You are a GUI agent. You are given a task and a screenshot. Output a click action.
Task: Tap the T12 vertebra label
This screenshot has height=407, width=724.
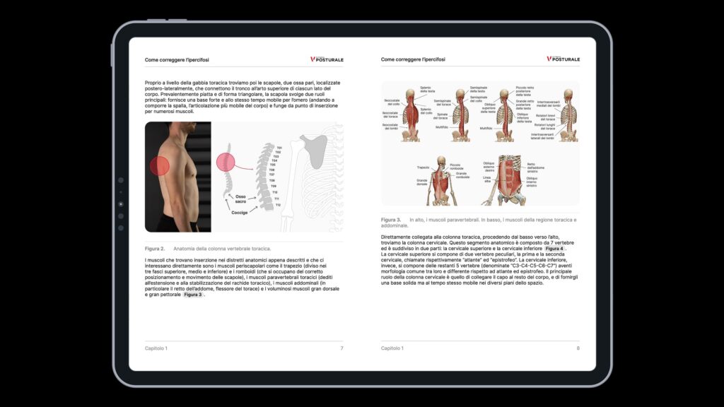[278, 205]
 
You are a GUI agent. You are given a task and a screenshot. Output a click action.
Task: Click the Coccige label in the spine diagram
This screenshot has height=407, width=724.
[239, 212]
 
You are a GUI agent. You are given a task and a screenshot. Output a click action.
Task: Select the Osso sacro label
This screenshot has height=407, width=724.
[241, 199]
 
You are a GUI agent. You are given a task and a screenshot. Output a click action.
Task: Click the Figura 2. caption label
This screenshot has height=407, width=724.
[155, 248]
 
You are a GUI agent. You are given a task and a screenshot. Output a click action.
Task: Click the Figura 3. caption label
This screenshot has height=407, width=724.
[391, 220]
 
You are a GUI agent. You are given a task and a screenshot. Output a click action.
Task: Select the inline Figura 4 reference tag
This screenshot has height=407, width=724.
[554, 249]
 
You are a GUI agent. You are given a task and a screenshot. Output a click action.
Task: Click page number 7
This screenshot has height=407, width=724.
[341, 348]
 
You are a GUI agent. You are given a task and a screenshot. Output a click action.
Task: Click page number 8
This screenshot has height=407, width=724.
[578, 348]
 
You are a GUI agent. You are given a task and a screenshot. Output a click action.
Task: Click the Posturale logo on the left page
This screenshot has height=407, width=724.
[327, 59]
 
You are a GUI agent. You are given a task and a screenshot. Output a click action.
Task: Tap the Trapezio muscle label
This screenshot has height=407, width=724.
[424, 167]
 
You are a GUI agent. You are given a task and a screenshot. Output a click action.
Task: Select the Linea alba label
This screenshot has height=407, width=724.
[487, 180]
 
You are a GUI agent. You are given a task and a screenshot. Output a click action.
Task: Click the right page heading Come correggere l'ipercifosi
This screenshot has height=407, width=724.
[413, 60]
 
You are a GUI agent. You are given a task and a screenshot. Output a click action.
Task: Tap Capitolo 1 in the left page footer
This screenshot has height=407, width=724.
[156, 348]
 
